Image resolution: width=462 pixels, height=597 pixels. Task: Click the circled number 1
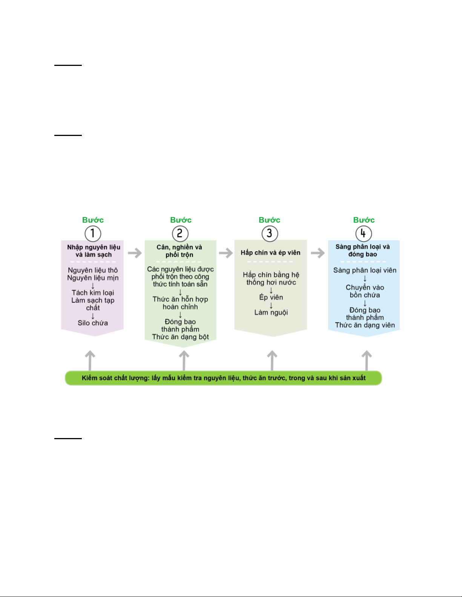93,234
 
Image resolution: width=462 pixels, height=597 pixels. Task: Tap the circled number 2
180,234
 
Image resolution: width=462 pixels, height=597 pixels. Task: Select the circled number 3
270,234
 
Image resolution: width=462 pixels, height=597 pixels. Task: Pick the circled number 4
364,234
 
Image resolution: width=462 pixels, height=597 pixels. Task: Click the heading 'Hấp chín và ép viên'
271,252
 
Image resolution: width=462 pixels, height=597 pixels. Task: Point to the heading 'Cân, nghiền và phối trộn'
179,251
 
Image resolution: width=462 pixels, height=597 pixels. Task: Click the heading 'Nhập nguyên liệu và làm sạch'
94,251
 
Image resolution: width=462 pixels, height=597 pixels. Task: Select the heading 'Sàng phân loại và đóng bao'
363,250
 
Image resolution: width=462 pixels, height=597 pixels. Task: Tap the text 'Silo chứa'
93,323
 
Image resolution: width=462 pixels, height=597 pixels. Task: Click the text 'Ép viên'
271,297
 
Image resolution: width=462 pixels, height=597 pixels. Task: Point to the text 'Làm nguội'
271,312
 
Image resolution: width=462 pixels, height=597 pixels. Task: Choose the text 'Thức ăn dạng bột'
180,337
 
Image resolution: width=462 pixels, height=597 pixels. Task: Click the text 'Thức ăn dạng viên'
365,325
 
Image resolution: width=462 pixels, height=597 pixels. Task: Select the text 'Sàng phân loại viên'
365,270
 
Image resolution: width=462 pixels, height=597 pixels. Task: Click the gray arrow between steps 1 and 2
135,253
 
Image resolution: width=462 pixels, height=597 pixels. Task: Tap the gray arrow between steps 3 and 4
318,253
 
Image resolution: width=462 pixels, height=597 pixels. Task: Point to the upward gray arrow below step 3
272,360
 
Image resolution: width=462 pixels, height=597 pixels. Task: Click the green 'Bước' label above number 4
364,220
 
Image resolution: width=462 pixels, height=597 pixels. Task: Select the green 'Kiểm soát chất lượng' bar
223,378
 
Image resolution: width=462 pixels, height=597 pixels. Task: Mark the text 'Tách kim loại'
93,293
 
